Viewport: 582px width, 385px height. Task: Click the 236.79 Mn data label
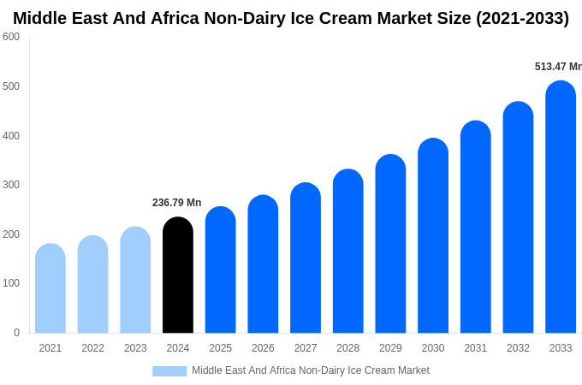pyautogui.click(x=176, y=203)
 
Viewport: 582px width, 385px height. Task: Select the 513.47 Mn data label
pyautogui.click(x=557, y=67)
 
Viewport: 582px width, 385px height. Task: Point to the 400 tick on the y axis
pyautogui.click(x=11, y=135)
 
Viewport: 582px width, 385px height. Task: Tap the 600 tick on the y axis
pyautogui.click(x=11, y=37)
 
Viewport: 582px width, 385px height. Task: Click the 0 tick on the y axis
pyautogui.click(x=16, y=333)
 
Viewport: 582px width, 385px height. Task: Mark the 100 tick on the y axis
pyautogui.click(x=11, y=283)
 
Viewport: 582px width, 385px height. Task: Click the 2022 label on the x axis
pyautogui.click(x=92, y=348)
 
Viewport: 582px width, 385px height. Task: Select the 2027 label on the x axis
pyautogui.click(x=306, y=348)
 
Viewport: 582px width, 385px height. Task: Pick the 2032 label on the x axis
pyautogui.click(x=518, y=348)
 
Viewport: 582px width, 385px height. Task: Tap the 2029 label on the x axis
pyautogui.click(x=390, y=348)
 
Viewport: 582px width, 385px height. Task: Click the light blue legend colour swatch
pyautogui.click(x=169, y=370)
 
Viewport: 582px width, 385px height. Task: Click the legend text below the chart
pyautogui.click(x=311, y=370)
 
